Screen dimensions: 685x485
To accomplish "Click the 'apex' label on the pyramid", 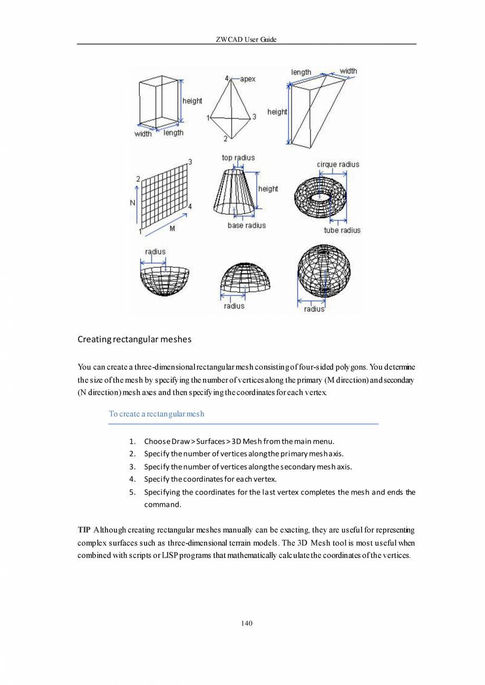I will [248, 79].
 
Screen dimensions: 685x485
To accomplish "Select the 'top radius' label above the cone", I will [238, 158].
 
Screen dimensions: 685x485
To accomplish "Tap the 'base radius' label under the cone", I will [246, 226].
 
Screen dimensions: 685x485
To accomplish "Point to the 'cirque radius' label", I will [338, 164].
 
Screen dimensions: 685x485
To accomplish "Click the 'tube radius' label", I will [342, 230].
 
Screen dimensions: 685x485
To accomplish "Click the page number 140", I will [247, 623].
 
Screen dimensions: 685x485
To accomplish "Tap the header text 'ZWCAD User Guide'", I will [246, 40].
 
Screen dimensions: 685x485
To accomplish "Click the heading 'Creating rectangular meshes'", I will [134, 339].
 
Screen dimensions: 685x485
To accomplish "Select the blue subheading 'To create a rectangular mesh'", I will [157, 414].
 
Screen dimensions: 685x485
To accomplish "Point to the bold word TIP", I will [84, 529].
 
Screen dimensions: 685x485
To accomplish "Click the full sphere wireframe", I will [324, 272].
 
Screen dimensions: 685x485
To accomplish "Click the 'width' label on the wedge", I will [348, 71].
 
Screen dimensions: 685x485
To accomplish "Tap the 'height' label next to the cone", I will [268, 189].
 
